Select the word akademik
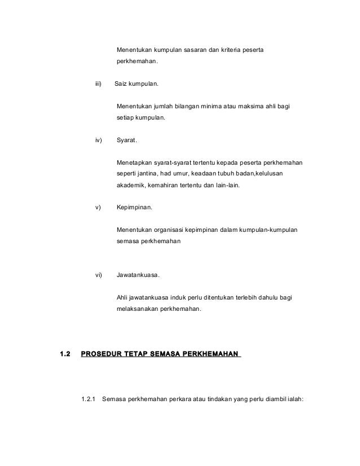point(131,184)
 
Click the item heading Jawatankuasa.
point(138,275)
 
